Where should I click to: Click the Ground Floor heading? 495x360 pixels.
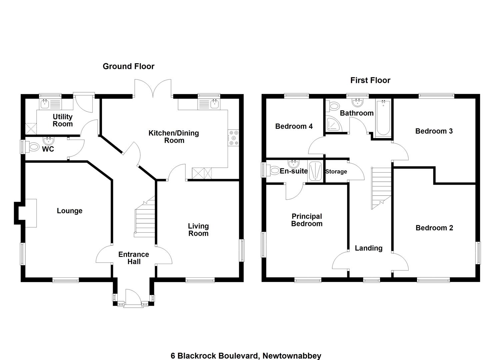128,66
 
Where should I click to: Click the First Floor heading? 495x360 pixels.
370,80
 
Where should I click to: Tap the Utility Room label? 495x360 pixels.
63,120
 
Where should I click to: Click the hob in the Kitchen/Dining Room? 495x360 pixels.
234,138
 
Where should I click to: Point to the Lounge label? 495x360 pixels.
70,211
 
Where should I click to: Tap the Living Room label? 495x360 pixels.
198,230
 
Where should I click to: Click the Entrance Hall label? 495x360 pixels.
134,258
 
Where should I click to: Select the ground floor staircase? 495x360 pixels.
145,217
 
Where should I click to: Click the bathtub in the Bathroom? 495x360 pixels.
383,118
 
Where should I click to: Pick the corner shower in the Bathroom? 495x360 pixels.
334,124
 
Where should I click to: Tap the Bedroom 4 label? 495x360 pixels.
294,126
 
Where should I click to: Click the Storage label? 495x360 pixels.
336,171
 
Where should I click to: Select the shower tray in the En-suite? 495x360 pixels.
315,172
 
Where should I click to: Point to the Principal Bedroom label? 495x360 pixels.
307,220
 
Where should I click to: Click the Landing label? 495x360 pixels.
369,248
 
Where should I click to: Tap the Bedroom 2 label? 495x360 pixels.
434,228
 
